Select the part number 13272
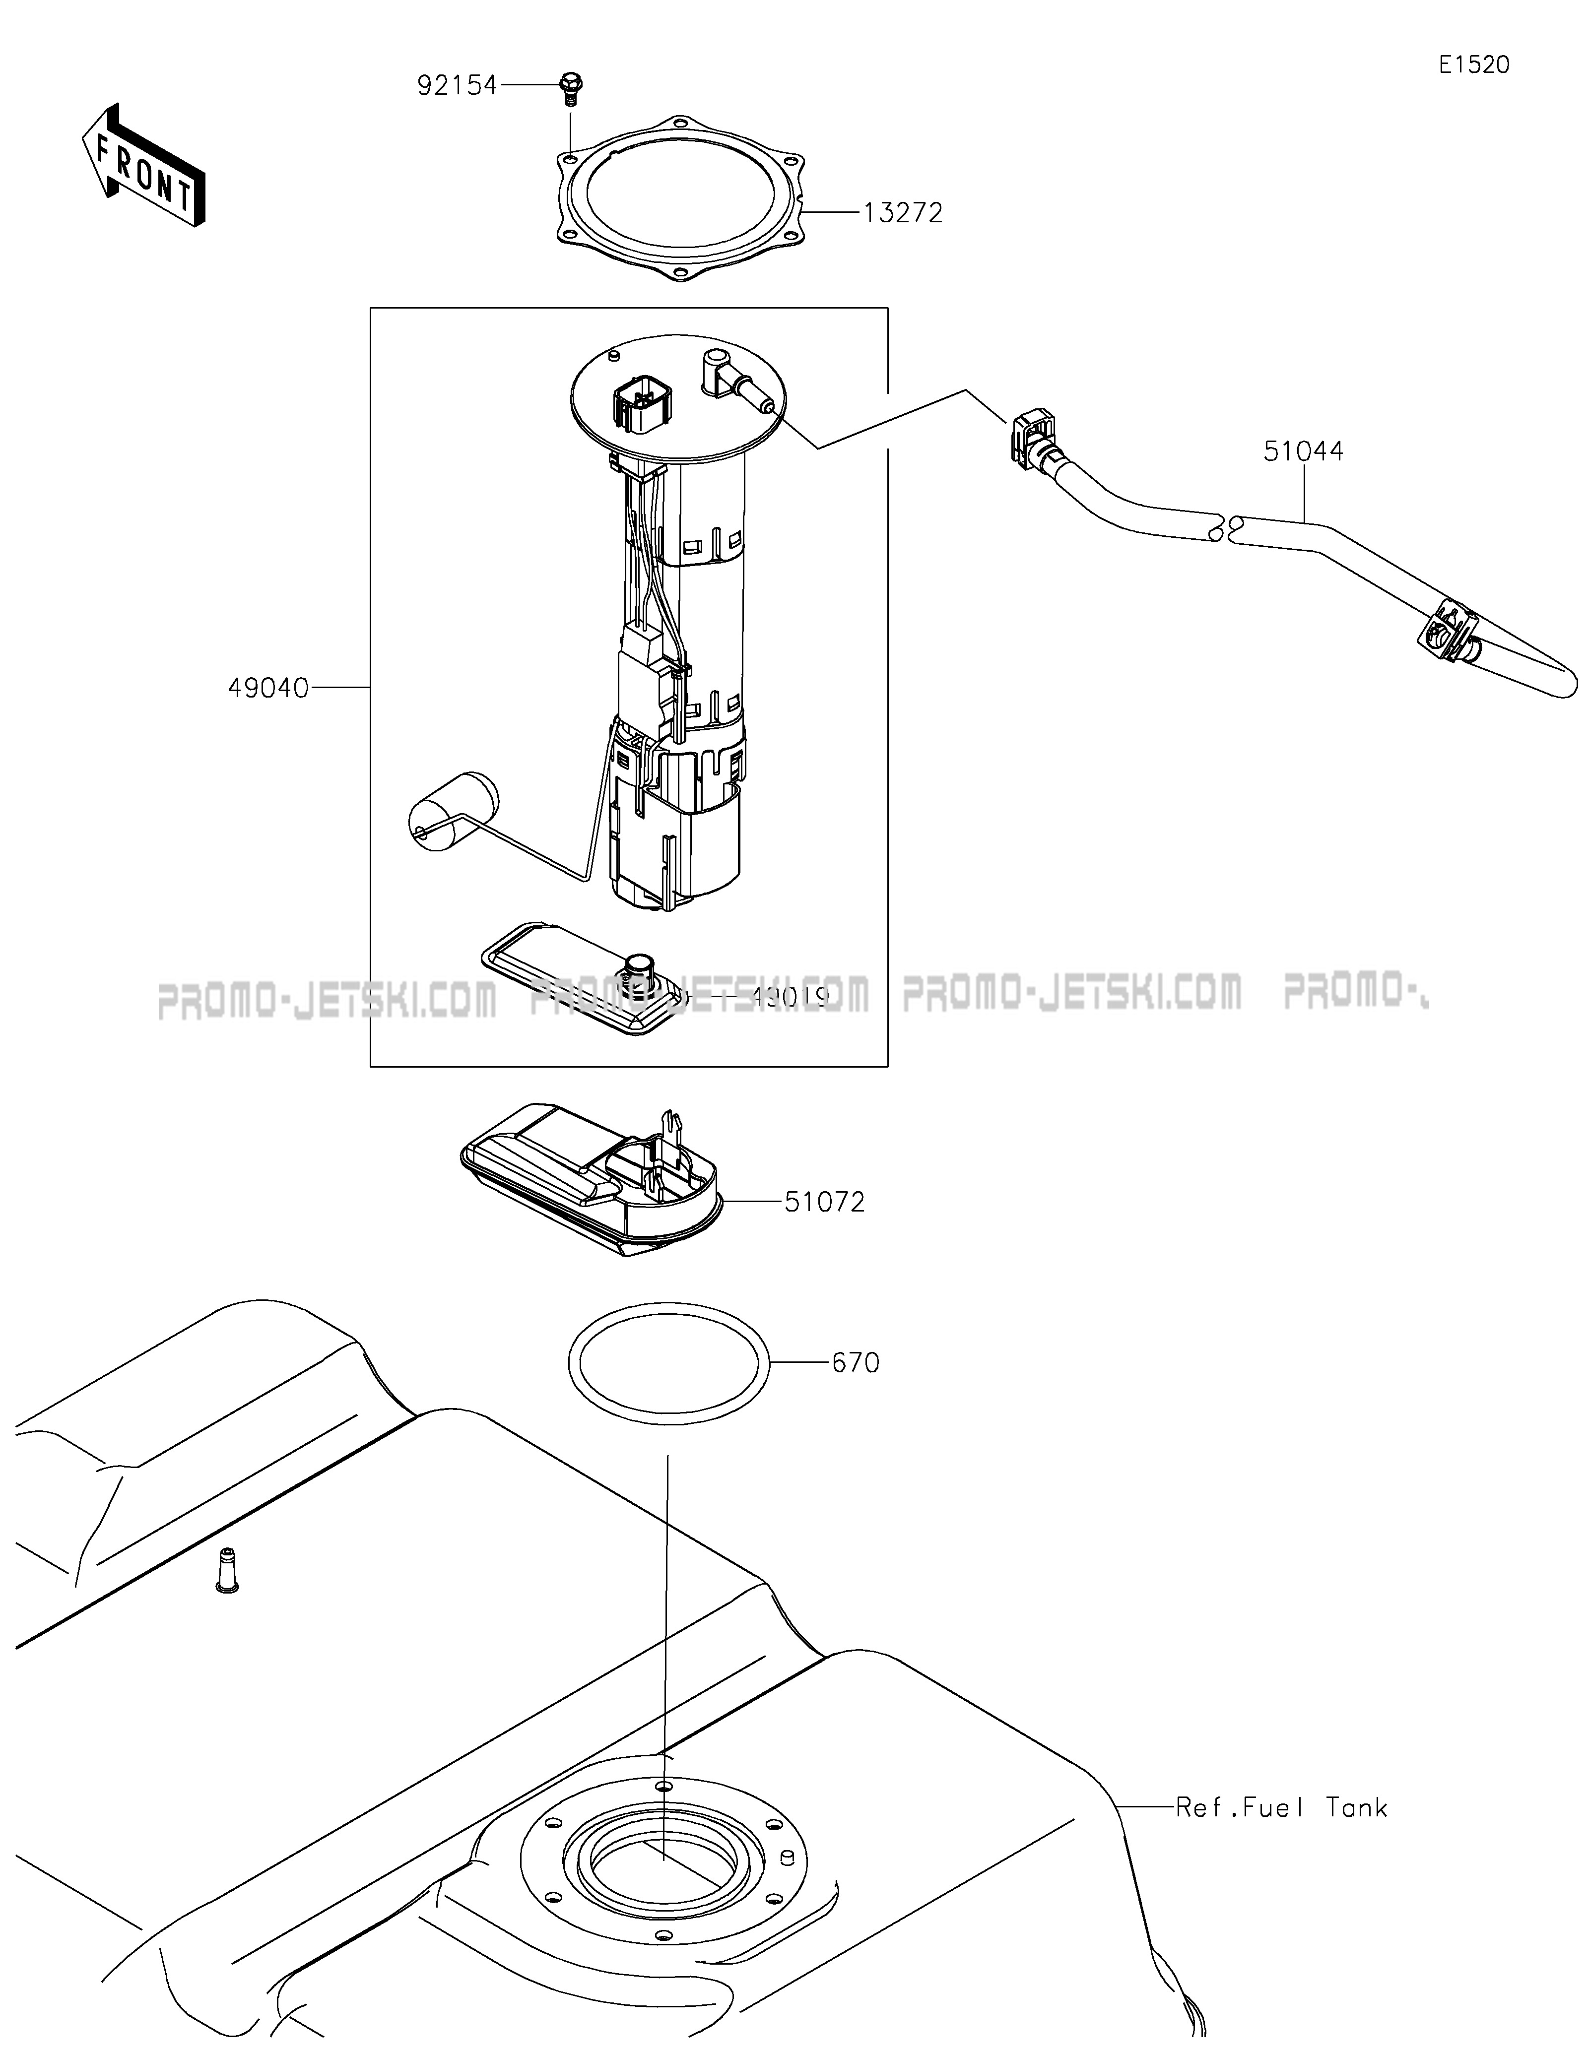(903, 213)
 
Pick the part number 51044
(1303, 451)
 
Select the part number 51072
(825, 1202)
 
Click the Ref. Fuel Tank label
(1281, 1807)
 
